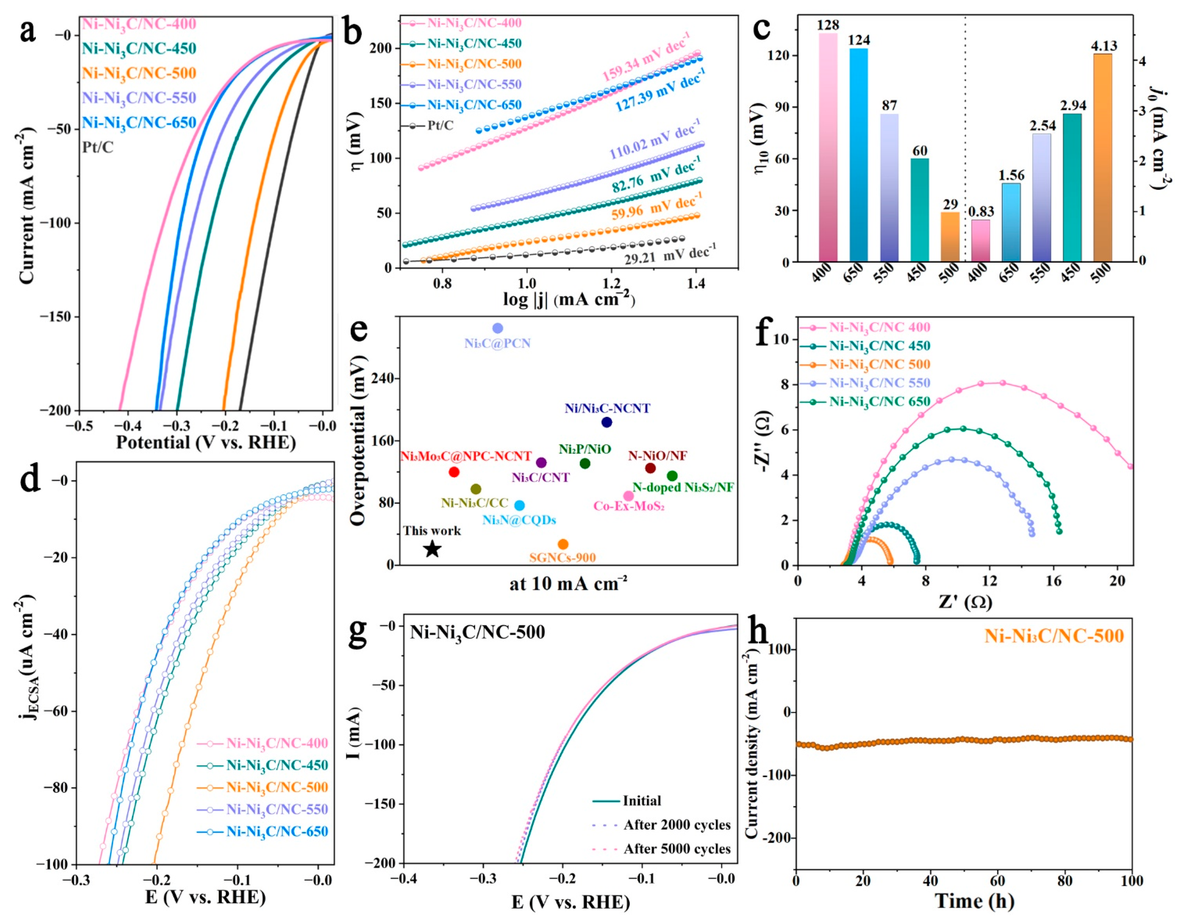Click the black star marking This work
click(x=432, y=550)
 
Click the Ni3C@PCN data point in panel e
click(x=497, y=328)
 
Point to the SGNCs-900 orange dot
click(x=563, y=544)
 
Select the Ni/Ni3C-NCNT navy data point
click(x=607, y=422)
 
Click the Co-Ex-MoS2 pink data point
click(x=628, y=496)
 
